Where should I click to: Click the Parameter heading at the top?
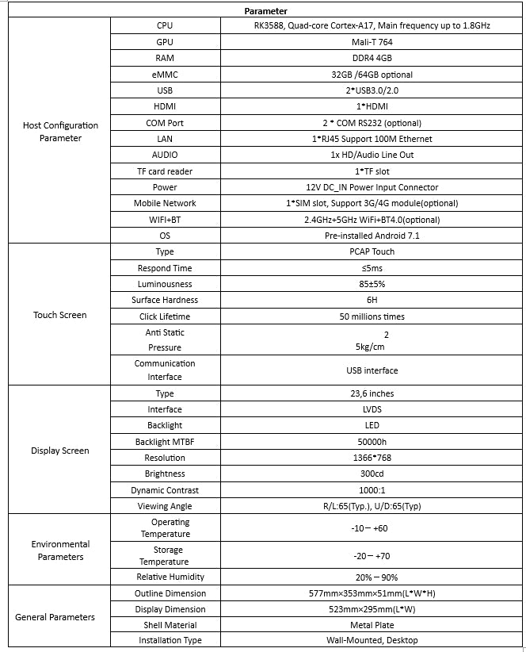265,11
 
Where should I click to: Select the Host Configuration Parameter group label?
61,132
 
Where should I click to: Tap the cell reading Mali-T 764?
372,42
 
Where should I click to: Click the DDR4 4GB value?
372,59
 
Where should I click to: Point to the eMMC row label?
165,75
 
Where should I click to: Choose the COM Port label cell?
165,123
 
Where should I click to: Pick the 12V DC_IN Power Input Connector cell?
372,187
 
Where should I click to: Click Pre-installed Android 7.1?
372,236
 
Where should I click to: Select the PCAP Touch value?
372,251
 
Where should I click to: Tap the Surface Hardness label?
165,300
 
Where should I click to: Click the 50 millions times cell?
372,316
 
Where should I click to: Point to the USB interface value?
372,370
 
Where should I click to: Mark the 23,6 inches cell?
372,393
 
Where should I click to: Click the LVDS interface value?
372,409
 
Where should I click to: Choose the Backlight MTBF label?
165,442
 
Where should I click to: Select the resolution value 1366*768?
372,458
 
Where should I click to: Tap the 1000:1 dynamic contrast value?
372,490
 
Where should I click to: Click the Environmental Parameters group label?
61,550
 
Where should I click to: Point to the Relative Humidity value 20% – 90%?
372,577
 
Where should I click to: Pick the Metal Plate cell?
372,625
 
